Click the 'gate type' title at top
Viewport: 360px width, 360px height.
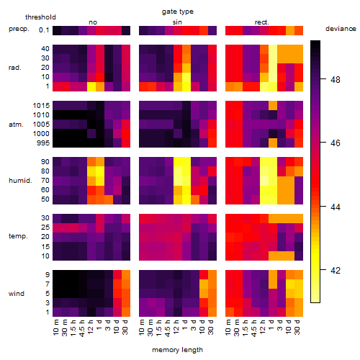pos(178,12)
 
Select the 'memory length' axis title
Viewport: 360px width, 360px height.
pos(177,350)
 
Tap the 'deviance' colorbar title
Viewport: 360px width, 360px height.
pos(341,29)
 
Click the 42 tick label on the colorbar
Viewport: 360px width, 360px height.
pos(336,271)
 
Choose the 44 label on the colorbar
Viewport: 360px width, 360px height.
pos(336,207)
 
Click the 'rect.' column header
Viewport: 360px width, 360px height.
pos(262,22)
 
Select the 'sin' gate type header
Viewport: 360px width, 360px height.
pos(177,22)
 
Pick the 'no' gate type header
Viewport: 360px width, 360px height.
pos(93,22)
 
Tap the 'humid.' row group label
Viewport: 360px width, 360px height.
pos(20,181)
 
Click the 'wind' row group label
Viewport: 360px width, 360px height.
pos(17,294)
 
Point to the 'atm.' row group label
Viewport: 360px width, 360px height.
pos(16,125)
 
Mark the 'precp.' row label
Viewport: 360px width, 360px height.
pos(19,29)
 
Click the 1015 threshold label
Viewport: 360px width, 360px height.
pos(41,106)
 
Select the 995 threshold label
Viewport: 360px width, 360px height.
pos(43,143)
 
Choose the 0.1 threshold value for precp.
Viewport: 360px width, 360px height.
pos(44,30)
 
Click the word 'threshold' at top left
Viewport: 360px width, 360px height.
pos(40,17)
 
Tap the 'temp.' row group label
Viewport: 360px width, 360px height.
pos(18,236)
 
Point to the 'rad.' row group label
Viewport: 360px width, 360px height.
pos(15,68)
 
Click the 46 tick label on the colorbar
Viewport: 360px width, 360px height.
pos(336,143)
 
